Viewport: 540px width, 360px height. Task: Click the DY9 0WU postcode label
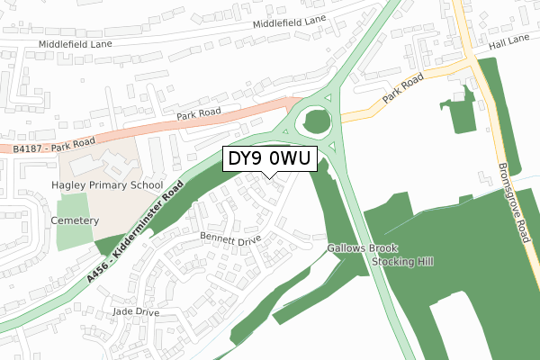(x=269, y=159)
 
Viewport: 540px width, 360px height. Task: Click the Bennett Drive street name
(x=229, y=240)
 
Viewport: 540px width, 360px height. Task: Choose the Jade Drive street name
(x=134, y=311)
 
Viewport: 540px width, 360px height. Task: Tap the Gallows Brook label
(x=356, y=247)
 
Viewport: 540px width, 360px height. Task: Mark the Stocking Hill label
(x=402, y=262)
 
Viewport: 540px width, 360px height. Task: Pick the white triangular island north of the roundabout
(x=328, y=96)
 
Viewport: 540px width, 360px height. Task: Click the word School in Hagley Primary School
(x=144, y=184)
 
